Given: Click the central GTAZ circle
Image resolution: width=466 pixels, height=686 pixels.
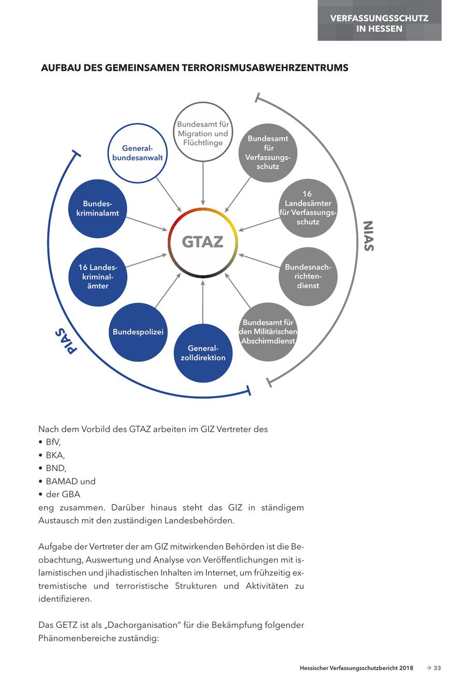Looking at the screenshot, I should (x=202, y=242).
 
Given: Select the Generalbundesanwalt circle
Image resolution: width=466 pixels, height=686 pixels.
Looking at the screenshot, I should (x=138, y=153).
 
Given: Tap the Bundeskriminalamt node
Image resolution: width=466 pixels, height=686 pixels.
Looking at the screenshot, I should (x=97, y=208).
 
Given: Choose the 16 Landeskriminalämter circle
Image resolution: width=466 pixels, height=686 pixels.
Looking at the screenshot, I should (x=98, y=276).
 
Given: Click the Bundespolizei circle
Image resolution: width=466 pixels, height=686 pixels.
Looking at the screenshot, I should (x=138, y=332).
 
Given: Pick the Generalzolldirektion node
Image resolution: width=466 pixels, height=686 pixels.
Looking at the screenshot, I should (x=203, y=353).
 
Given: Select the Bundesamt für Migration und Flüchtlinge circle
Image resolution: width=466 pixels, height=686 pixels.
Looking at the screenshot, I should (x=202, y=133).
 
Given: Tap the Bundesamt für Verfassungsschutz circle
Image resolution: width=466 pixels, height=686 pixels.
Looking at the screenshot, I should (x=267, y=152).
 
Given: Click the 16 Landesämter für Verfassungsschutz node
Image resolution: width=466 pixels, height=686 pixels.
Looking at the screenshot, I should (x=308, y=208).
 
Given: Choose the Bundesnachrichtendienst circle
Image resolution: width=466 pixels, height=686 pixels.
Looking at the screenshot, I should (x=308, y=276).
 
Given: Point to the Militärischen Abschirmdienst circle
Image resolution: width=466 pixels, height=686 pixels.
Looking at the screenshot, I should (x=268, y=332).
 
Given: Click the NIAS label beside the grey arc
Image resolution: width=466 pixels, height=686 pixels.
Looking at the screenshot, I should (x=368, y=236).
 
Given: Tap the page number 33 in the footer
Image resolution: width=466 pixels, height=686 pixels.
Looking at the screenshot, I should (x=437, y=668).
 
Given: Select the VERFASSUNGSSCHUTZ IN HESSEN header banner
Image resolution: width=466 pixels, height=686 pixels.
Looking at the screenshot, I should (x=379, y=23).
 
